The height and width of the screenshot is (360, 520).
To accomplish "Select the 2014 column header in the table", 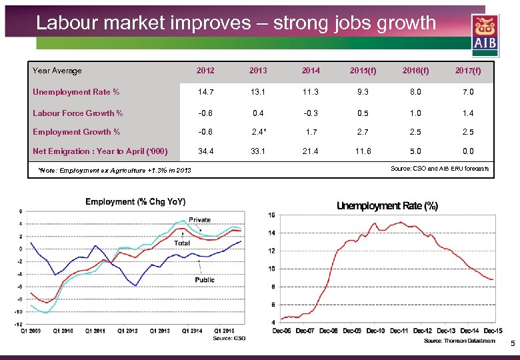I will (x=310, y=71).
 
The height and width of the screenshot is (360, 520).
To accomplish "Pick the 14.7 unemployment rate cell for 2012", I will (x=205, y=92).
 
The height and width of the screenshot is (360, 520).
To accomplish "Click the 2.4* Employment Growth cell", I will (x=259, y=132).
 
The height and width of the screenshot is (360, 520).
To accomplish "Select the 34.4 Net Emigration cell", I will (x=205, y=151).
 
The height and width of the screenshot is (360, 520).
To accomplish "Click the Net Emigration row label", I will (x=100, y=151).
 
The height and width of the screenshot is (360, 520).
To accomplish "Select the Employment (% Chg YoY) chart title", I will (x=135, y=202).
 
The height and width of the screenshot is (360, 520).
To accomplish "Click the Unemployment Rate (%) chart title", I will (x=387, y=206).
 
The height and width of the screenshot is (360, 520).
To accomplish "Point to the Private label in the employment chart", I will (x=199, y=220).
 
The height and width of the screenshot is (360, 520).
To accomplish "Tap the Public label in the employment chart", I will (x=205, y=280).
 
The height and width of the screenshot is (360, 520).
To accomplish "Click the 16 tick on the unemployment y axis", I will (x=271, y=215).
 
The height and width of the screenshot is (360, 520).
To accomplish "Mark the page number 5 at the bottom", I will (x=512, y=344).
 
